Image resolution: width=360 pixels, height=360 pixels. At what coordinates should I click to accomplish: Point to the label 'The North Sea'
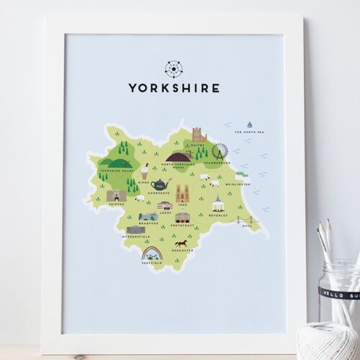(x=250, y=133)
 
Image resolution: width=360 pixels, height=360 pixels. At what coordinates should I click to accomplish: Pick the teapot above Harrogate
(x=160, y=185)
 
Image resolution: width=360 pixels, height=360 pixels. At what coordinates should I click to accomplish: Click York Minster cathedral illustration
(x=183, y=193)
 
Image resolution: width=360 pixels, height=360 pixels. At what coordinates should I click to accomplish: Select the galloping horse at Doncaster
(x=180, y=243)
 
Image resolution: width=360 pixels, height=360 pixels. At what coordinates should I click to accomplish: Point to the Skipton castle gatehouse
(x=116, y=195)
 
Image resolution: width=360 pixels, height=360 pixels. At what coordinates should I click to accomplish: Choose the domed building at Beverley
(x=215, y=203)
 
